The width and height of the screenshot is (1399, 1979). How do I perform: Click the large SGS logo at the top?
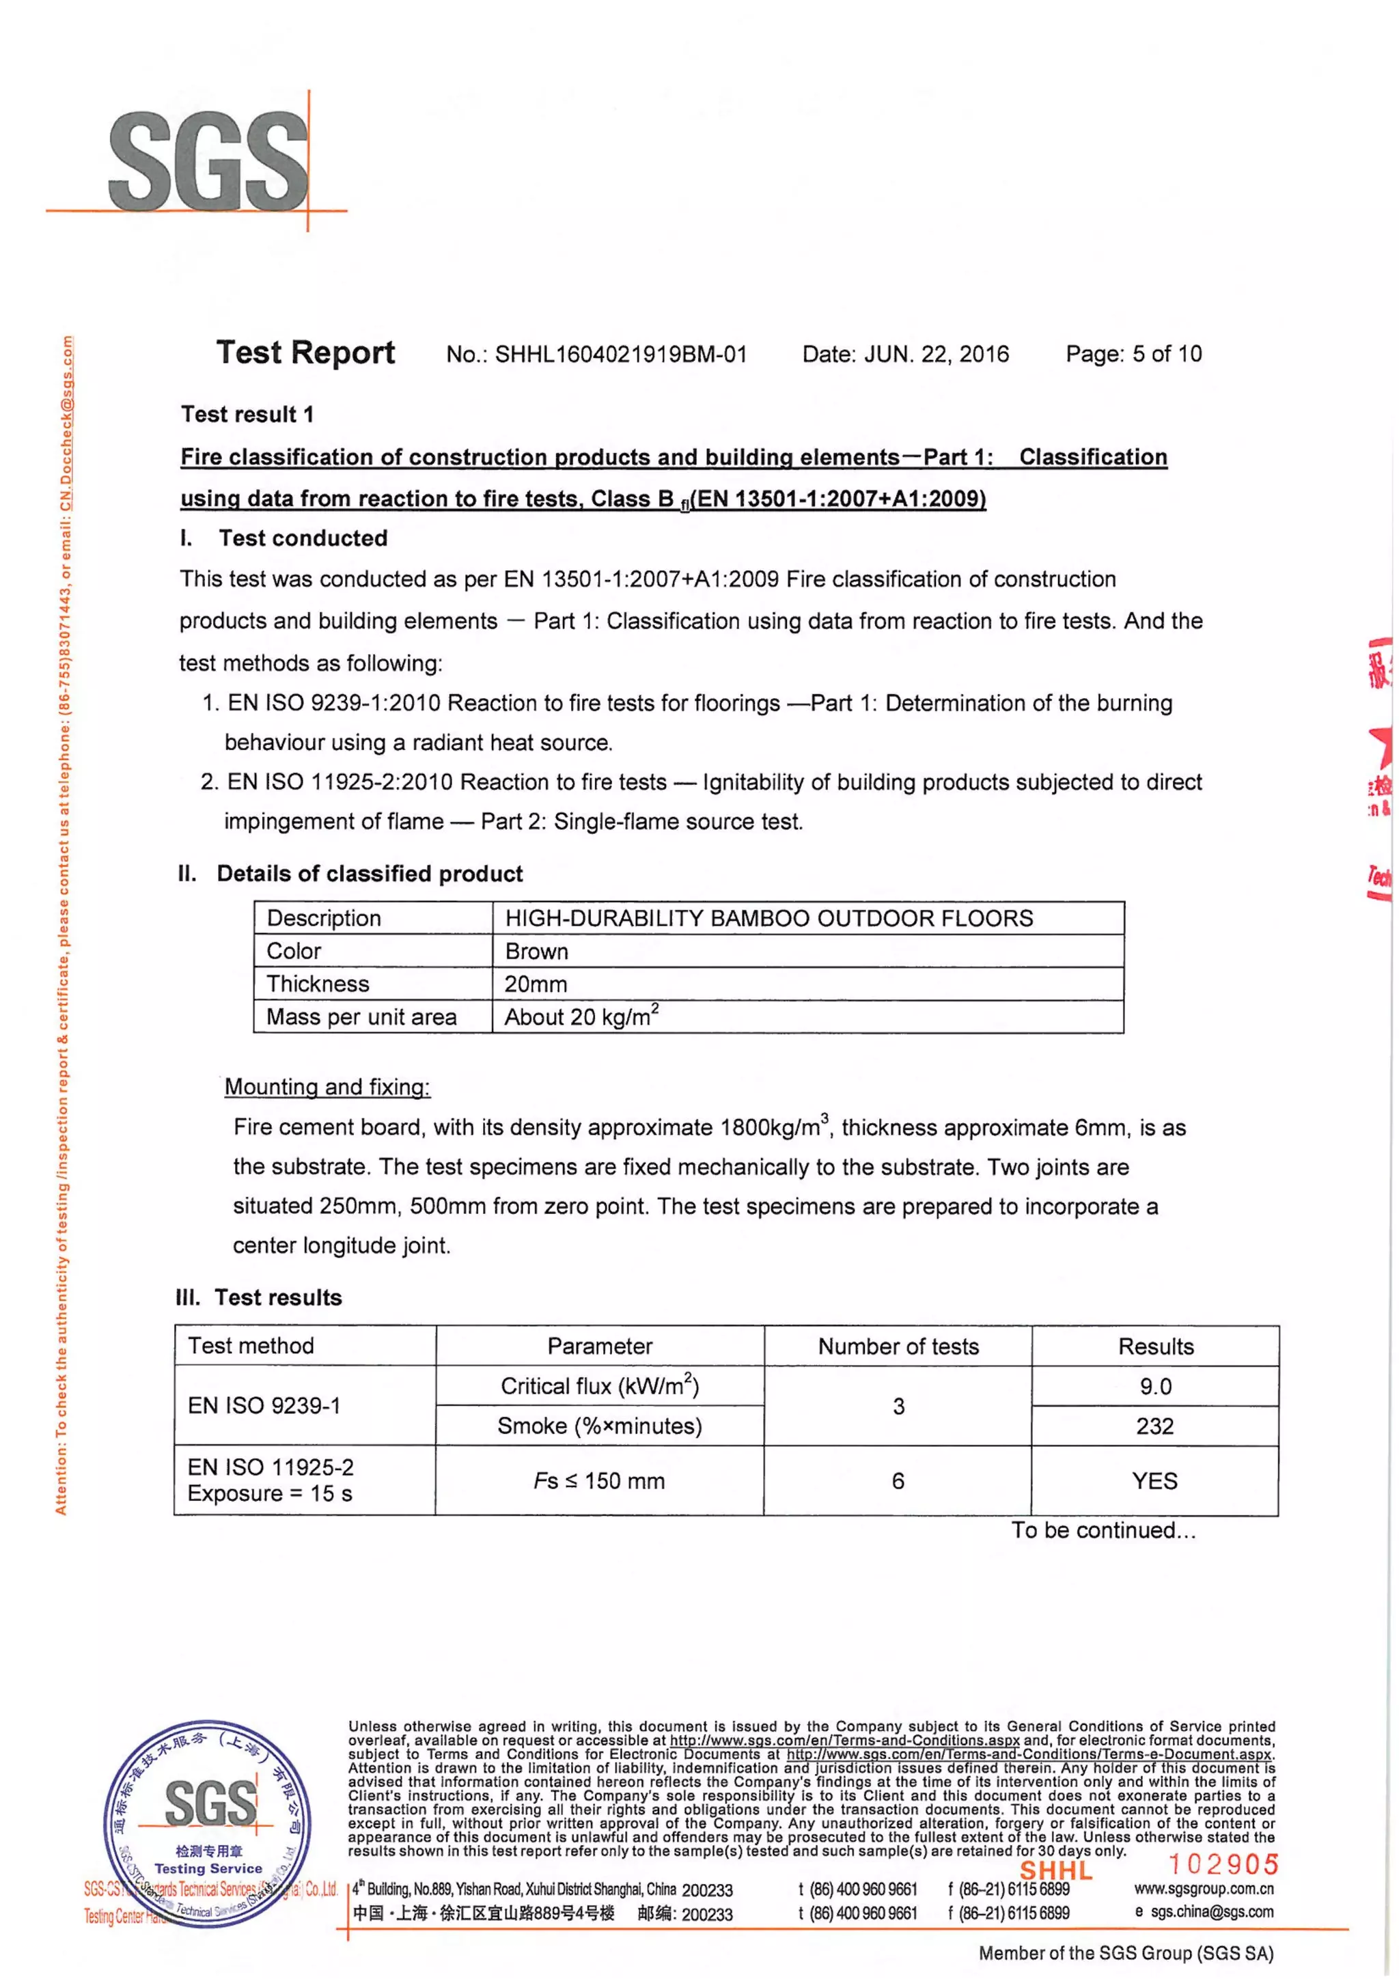[208, 161]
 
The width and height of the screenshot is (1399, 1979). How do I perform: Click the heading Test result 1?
[247, 415]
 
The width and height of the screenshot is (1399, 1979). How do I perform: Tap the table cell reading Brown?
[536, 952]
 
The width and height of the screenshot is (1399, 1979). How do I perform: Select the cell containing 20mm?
[536, 984]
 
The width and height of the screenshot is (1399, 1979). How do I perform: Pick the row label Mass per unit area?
[361, 1017]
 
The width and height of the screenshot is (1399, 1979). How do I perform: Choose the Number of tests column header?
[898, 1346]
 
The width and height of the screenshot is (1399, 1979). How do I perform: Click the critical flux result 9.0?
[1155, 1386]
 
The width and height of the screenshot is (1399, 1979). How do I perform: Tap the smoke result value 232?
[1154, 1426]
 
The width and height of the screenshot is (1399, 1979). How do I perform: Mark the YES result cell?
[1154, 1481]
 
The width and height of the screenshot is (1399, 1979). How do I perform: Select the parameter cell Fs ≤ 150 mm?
[599, 1481]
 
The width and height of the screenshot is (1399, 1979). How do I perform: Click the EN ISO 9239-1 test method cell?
[264, 1406]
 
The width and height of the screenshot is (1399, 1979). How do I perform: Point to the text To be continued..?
[1103, 1530]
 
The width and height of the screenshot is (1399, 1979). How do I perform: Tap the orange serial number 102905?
[1222, 1864]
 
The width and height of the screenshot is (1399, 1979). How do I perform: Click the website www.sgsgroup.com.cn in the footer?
[1204, 1889]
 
